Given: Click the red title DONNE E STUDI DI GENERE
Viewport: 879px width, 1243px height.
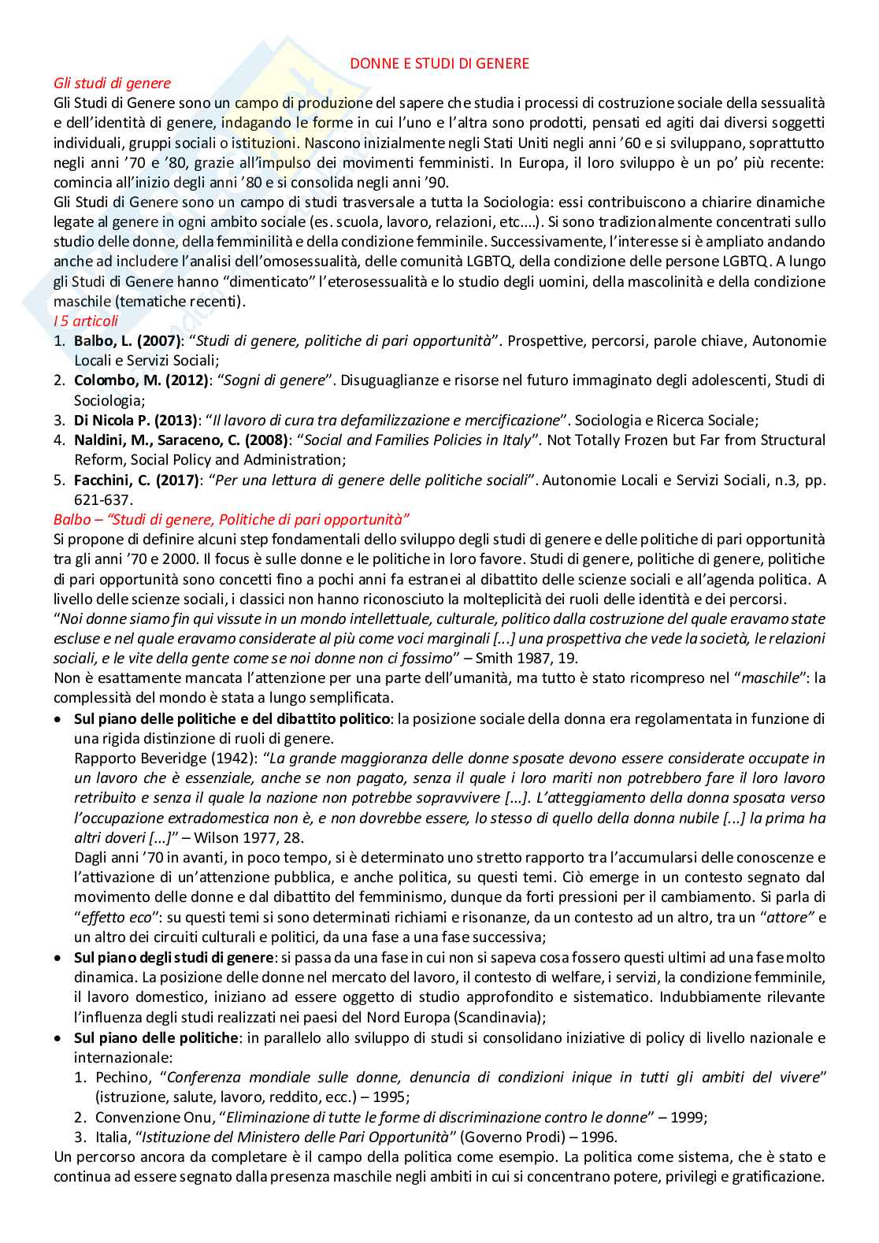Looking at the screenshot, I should point(439,64).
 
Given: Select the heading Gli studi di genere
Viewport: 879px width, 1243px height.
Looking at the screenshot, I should point(112,83).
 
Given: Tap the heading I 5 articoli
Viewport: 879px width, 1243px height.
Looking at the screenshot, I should point(86,321).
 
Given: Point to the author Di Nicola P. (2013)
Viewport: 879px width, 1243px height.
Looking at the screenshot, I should point(139,420).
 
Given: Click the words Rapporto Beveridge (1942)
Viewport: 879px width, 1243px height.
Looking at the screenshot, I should point(165,758).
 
